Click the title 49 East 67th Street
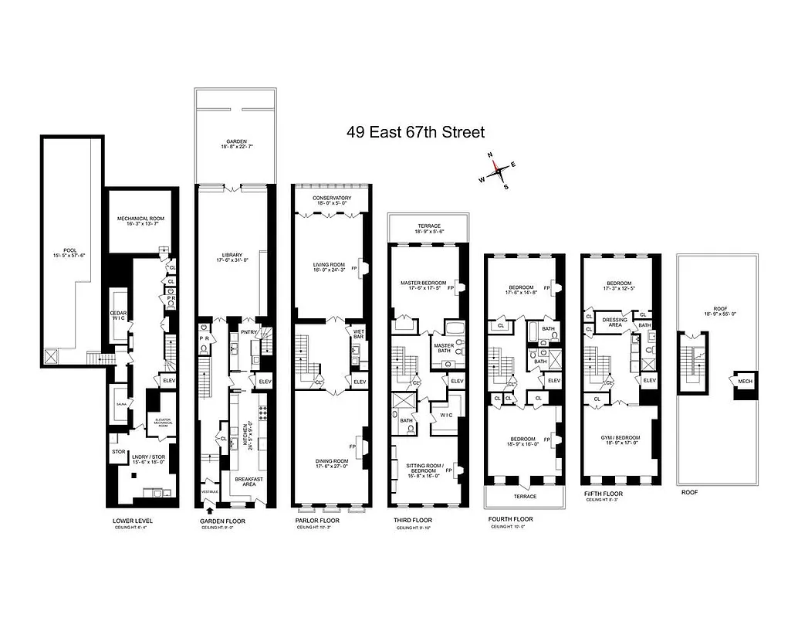click(415, 133)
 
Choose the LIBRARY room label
click(233, 256)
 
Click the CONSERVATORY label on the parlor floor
click(332, 199)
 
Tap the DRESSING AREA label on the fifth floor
click(615, 322)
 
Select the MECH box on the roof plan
click(746, 381)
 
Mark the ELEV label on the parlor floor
click(358, 382)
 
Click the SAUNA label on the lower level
click(120, 404)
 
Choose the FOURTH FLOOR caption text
click(510, 519)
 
